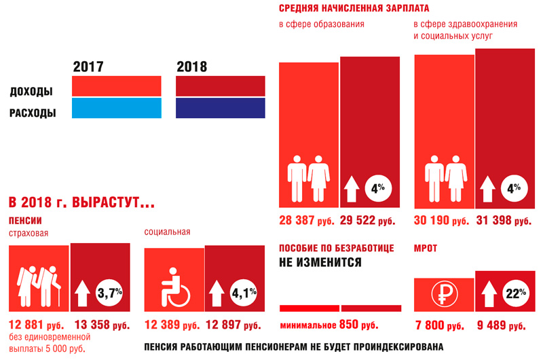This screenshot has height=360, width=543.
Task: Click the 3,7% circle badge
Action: point(111,293)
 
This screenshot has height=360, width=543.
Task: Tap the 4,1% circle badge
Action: point(244,293)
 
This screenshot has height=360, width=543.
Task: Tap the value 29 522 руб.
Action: point(367,221)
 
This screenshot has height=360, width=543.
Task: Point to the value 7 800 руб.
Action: point(439,325)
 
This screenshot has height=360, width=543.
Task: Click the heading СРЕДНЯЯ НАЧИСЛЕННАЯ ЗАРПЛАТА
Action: point(353,9)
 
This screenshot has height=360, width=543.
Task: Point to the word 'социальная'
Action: point(167,232)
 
